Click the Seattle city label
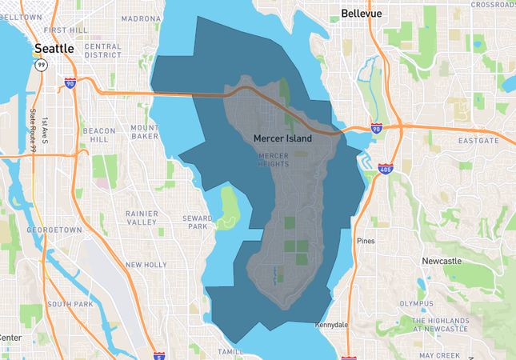[54, 49]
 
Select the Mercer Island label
[282, 138]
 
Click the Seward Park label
[197, 222]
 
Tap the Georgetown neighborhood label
[54, 230]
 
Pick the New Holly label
[146, 265]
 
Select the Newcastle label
[442, 262]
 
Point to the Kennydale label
[332, 326]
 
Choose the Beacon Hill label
[99, 134]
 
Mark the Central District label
[103, 51]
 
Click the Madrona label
[141, 19]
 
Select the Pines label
[366, 240]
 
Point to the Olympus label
[416, 303]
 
